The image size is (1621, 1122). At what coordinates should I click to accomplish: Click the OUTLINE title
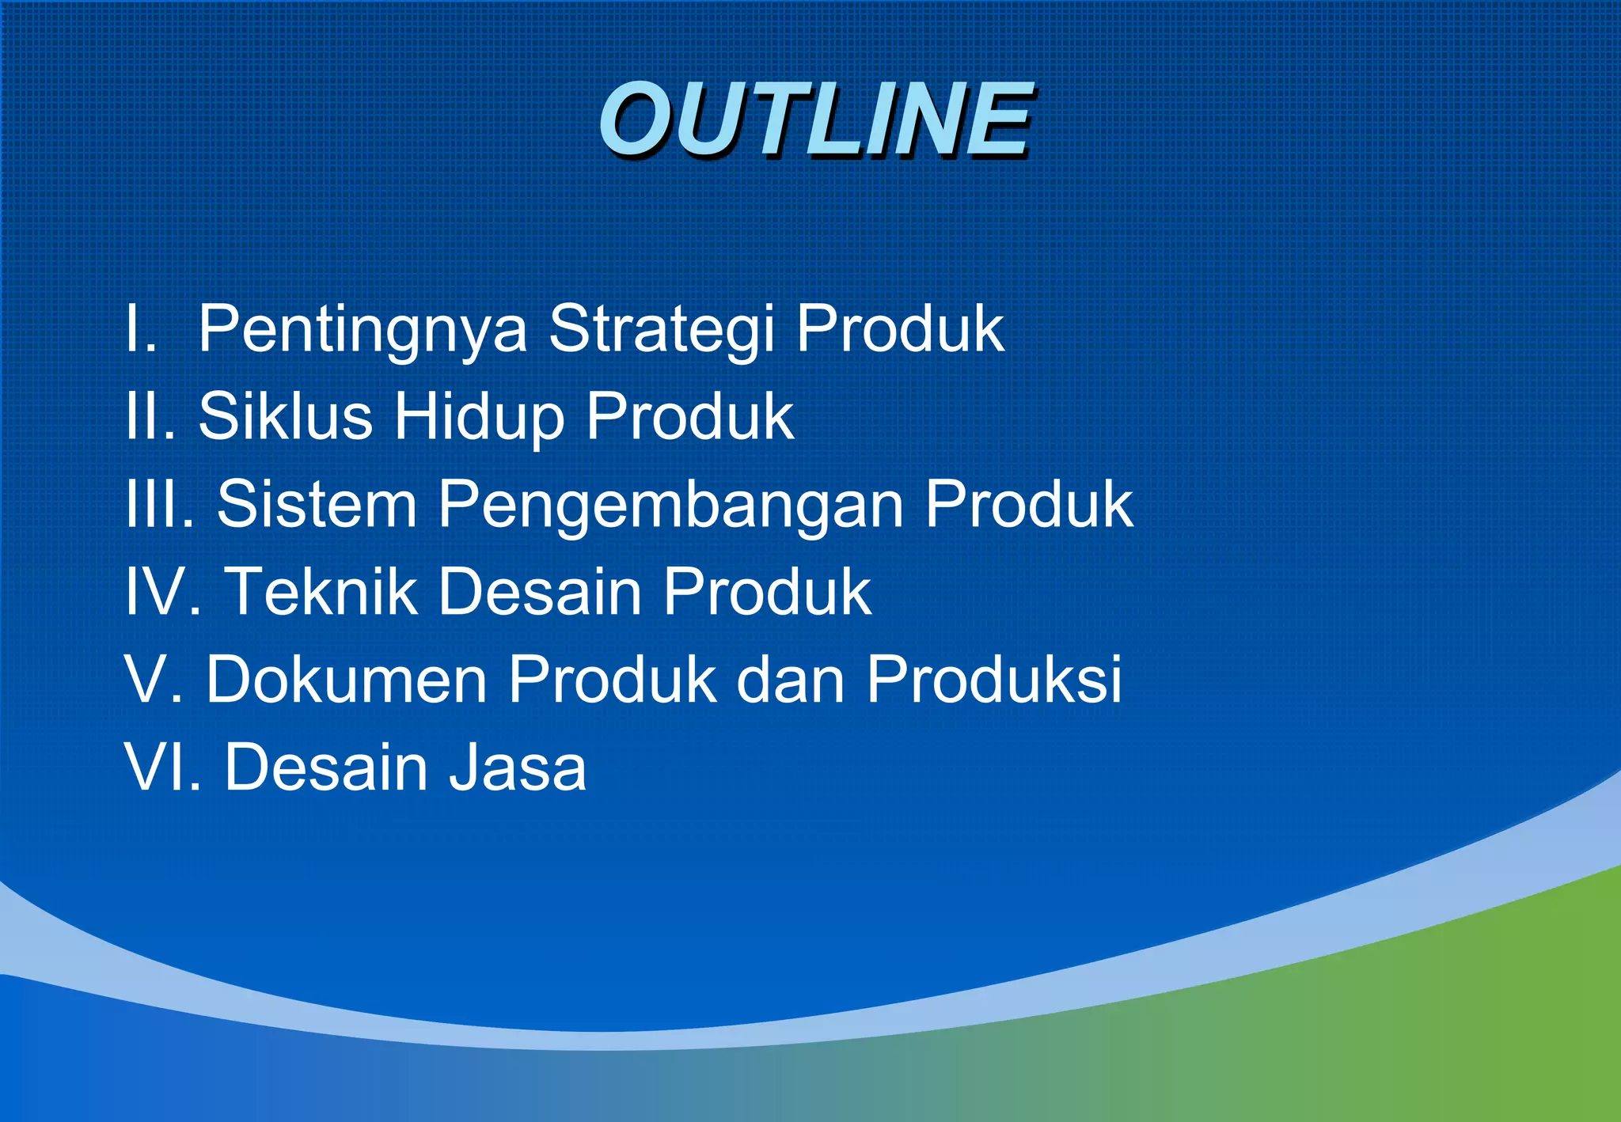[815, 120]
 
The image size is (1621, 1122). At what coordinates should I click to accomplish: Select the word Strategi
[661, 329]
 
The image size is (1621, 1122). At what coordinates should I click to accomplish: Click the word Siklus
[285, 416]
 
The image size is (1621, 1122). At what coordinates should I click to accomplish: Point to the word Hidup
[479, 418]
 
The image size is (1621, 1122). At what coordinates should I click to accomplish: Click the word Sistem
[317, 504]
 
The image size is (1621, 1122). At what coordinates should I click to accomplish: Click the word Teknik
[321, 591]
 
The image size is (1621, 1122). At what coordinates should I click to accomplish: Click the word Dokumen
[346, 679]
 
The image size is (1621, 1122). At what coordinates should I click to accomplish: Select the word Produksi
[993, 679]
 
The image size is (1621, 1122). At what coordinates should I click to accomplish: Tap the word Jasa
[518, 767]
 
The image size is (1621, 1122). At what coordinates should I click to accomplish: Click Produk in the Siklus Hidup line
[689, 416]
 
